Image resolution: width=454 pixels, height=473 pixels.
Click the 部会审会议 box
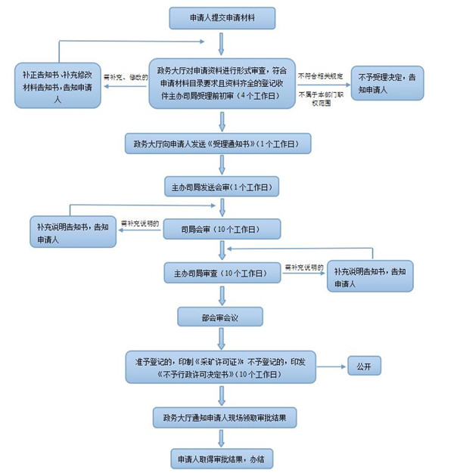220,316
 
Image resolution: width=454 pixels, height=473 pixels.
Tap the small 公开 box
364,366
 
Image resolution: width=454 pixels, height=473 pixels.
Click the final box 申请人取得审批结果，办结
220,458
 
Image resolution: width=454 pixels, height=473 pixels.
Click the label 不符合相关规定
321,76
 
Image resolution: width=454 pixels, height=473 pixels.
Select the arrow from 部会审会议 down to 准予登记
220,338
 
